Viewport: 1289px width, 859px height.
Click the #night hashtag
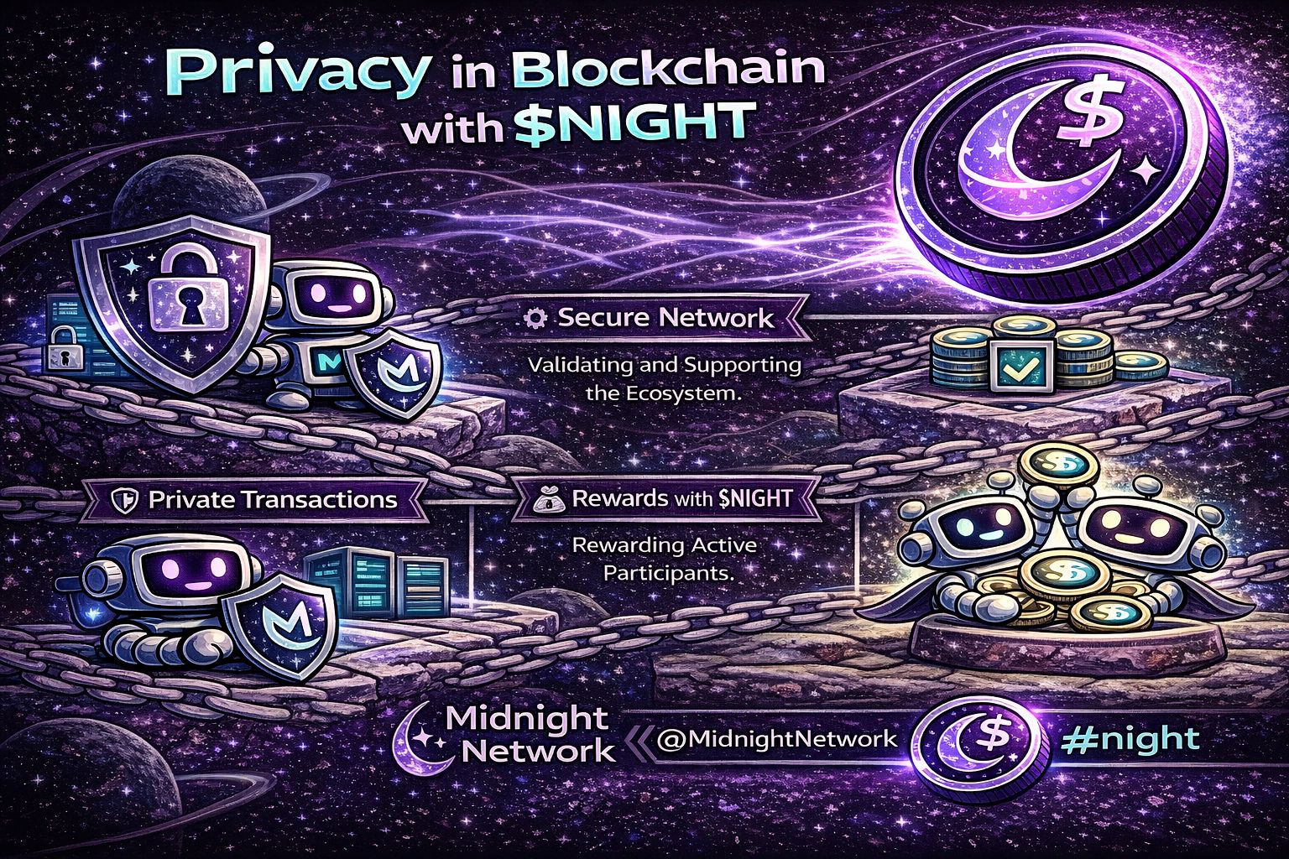pyautogui.click(x=1130, y=739)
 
